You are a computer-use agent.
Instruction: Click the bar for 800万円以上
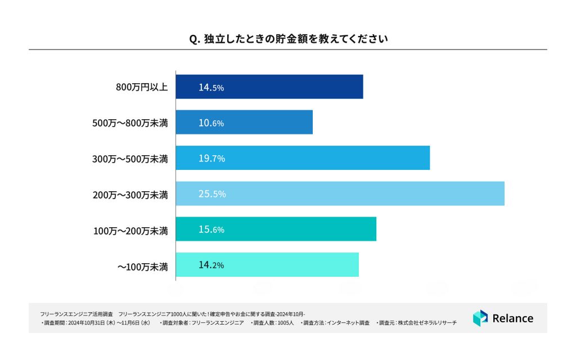pos(269,87)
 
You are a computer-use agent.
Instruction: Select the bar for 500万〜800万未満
pos(244,123)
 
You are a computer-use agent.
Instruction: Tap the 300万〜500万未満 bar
pos(303,158)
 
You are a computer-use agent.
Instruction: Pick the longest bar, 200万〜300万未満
pos(340,193)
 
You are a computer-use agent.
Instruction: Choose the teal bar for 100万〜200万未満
pos(276,229)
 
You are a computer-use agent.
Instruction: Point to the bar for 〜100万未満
pos(267,264)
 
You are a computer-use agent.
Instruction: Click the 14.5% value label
pos(211,87)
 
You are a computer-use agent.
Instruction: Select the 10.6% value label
pos(211,123)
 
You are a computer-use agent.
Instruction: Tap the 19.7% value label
pos(211,159)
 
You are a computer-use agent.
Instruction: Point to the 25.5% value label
pos(212,194)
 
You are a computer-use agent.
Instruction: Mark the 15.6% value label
pos(211,229)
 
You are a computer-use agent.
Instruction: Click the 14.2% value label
pos(211,265)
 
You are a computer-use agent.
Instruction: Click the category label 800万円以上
pos(142,87)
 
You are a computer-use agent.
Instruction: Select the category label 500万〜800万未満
pos(130,123)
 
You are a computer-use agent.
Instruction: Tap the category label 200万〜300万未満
pos(130,194)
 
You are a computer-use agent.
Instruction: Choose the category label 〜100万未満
pos(142,265)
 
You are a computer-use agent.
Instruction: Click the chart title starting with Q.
pos(287,39)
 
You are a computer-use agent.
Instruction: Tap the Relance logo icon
pos(480,318)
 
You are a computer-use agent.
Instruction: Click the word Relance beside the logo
pos(512,318)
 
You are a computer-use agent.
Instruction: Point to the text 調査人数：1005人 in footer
pos(272,323)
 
